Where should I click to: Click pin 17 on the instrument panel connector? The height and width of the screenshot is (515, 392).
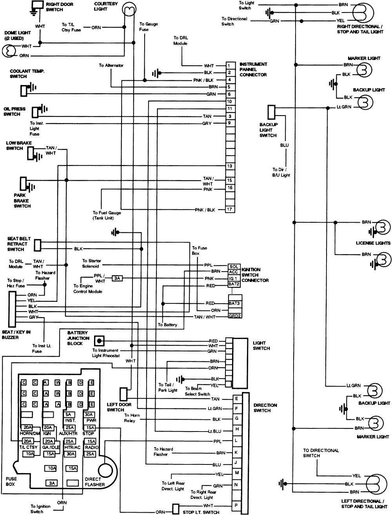click(230, 209)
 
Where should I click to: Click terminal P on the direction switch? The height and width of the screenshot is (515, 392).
click(236, 506)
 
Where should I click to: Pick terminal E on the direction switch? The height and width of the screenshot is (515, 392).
click(236, 399)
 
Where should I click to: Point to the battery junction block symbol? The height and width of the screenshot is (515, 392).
click(100, 341)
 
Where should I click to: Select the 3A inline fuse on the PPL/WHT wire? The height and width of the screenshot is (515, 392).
click(117, 278)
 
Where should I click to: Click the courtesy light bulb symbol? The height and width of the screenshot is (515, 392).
click(129, 8)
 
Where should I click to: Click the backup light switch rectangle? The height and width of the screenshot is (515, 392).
click(271, 112)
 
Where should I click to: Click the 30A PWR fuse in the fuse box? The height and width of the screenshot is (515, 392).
click(89, 415)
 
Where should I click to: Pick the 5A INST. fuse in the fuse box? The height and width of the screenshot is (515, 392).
click(69, 415)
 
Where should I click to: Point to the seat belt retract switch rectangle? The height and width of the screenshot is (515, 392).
click(38, 245)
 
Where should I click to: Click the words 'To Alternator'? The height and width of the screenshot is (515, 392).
click(111, 65)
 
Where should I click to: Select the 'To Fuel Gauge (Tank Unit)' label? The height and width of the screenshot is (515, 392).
click(107, 215)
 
